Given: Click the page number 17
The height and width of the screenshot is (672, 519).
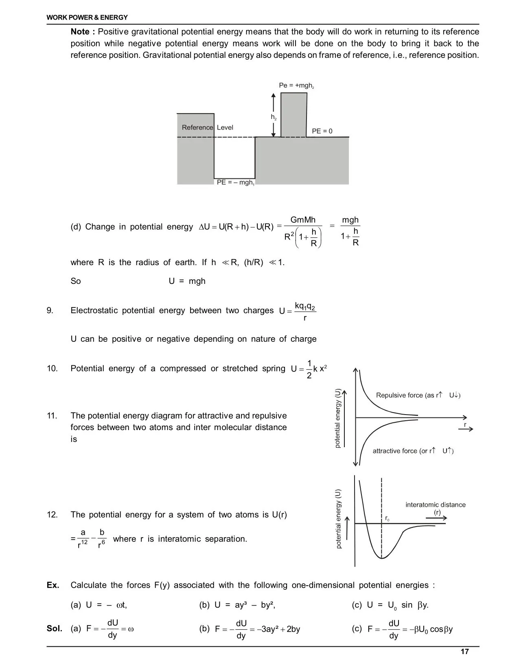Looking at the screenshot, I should (x=464, y=652).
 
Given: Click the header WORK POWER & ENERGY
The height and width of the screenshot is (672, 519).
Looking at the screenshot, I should (x=87, y=18).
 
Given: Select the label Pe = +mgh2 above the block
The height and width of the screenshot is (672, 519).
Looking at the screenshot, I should (x=296, y=86).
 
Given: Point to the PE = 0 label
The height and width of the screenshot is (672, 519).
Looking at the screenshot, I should (x=322, y=131).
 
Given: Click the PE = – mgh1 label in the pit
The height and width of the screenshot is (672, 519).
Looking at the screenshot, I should (x=236, y=182).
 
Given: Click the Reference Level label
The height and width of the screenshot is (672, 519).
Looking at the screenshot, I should (x=207, y=127).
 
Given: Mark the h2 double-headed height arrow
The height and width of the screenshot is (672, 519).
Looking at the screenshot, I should (x=274, y=115).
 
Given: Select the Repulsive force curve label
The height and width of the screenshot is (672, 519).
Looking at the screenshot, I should (x=418, y=395).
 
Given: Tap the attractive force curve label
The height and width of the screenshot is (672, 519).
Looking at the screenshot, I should (x=413, y=451).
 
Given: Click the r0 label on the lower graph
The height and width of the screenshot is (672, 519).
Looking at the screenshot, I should (x=388, y=519).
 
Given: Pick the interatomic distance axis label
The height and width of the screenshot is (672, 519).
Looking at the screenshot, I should (x=435, y=505).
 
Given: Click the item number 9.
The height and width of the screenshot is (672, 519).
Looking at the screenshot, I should (x=50, y=311).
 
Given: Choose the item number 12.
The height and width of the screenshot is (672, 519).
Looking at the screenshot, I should (x=52, y=515).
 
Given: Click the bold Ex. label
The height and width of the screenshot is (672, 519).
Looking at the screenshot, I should (x=53, y=585).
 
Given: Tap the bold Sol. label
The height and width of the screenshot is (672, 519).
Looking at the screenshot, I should (x=55, y=628).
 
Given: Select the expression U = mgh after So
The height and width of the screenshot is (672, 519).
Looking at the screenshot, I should (x=187, y=281).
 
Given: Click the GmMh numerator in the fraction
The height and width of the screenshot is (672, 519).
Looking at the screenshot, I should (x=303, y=220).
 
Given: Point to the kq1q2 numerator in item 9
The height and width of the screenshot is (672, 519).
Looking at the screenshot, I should (x=305, y=306).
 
